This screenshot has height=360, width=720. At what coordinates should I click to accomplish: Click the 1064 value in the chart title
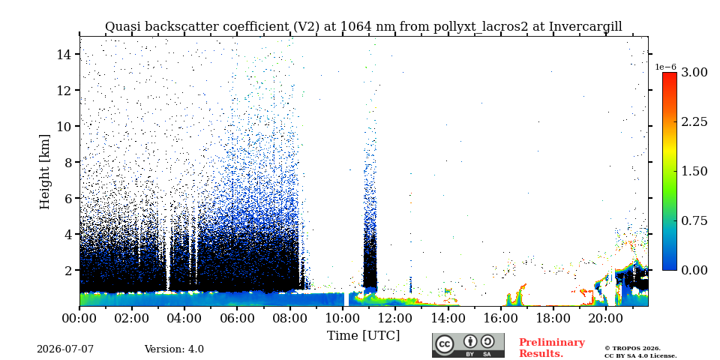[x=358, y=27]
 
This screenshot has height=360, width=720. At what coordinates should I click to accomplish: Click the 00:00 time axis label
[x=79, y=317]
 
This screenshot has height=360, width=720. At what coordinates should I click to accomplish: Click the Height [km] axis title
[x=44, y=172]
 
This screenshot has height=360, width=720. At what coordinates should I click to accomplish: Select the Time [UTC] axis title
[x=363, y=335]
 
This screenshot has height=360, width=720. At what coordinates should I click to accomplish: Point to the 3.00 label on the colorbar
[x=694, y=72]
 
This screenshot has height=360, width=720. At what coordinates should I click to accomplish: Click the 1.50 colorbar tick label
[x=694, y=171]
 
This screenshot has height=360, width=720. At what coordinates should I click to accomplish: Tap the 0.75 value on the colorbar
[x=694, y=220]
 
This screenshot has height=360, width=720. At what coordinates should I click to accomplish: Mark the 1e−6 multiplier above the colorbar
[x=665, y=67]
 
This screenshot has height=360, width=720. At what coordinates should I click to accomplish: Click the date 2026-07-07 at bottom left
[x=65, y=349]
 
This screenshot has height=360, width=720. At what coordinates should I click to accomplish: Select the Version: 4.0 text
[x=174, y=349]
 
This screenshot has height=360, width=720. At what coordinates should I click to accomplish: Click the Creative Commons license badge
[x=468, y=345]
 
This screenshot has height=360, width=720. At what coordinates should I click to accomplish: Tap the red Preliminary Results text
[x=552, y=348]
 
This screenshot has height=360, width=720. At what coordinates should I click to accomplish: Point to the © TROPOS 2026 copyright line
[x=632, y=349]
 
